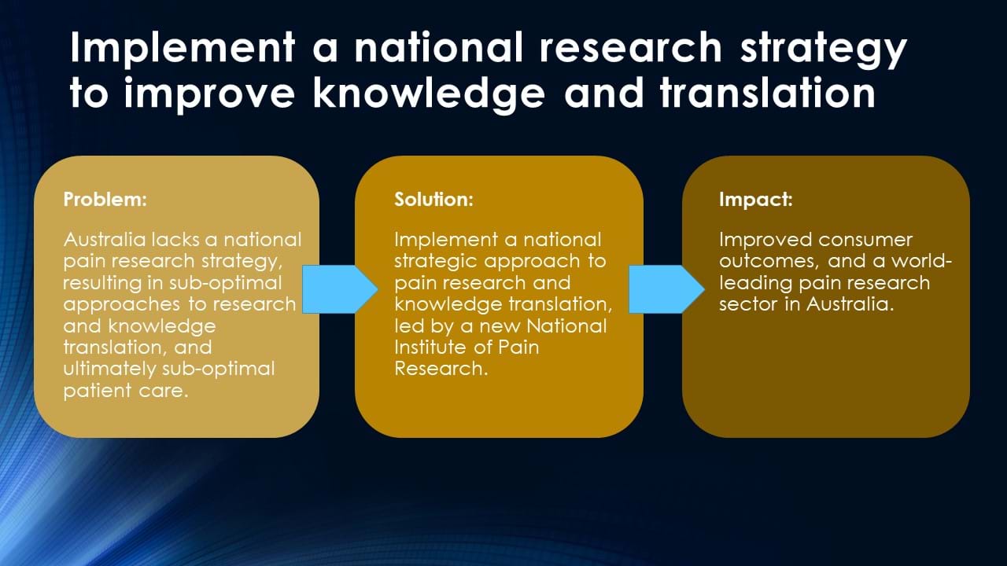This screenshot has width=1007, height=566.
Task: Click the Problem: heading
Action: pos(105,200)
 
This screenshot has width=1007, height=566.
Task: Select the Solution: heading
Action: pos(433,200)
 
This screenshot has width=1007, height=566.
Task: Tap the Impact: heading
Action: pos(756,200)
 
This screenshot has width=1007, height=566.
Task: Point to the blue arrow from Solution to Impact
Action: pos(666,289)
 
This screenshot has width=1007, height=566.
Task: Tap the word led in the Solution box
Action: pos(409,326)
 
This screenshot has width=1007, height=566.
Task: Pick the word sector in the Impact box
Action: pos(747,305)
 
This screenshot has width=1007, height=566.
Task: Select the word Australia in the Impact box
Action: pos(850,304)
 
